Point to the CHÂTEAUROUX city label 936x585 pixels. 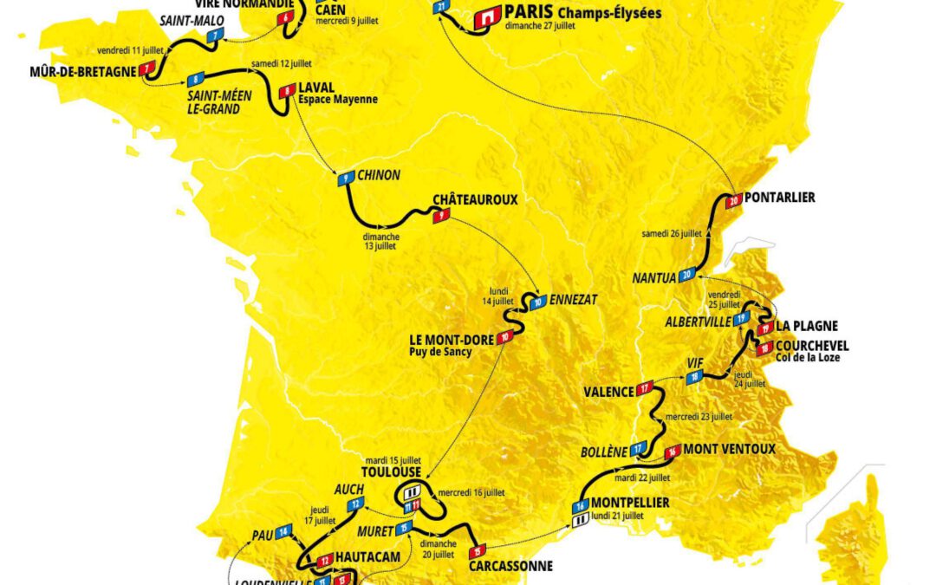point(475,199)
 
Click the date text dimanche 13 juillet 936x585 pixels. point(381,241)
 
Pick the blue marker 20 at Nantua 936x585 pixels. point(687,276)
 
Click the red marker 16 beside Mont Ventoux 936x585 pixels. point(672,452)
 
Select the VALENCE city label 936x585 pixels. point(608,392)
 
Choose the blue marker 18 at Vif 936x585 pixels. point(693,377)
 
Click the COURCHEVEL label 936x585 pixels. point(813,345)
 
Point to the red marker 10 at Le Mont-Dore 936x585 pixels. point(505,336)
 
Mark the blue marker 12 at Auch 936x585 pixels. point(354,504)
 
